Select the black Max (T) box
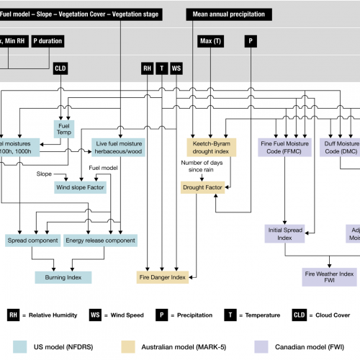click(209, 41)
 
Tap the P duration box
click(48, 41)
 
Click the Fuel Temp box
click(63, 127)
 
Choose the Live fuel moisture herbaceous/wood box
click(120, 148)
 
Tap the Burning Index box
click(63, 276)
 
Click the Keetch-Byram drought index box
click(210, 148)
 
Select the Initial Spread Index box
click(286, 234)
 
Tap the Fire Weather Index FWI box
click(328, 277)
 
